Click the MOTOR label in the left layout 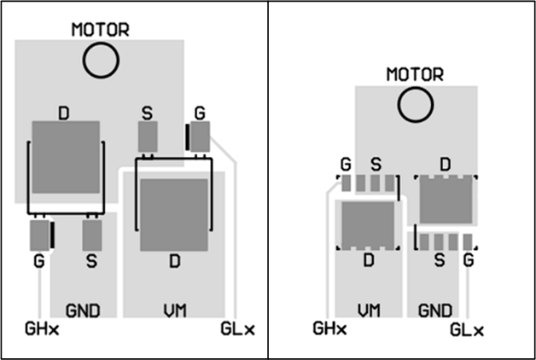click(x=101, y=30)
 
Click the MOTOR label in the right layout click(x=416, y=74)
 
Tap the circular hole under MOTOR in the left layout click(x=101, y=60)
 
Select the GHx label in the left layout click(x=42, y=328)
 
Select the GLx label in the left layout click(x=236, y=328)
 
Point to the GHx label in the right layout click(x=330, y=328)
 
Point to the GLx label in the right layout click(x=466, y=329)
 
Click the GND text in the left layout click(x=83, y=310)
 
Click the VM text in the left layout click(x=174, y=310)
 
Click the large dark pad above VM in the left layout click(x=174, y=213)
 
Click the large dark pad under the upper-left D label click(x=65, y=157)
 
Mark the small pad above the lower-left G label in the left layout click(x=39, y=235)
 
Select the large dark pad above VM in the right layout click(x=368, y=224)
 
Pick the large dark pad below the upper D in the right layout click(x=445, y=201)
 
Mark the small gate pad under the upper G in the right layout click(x=347, y=183)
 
